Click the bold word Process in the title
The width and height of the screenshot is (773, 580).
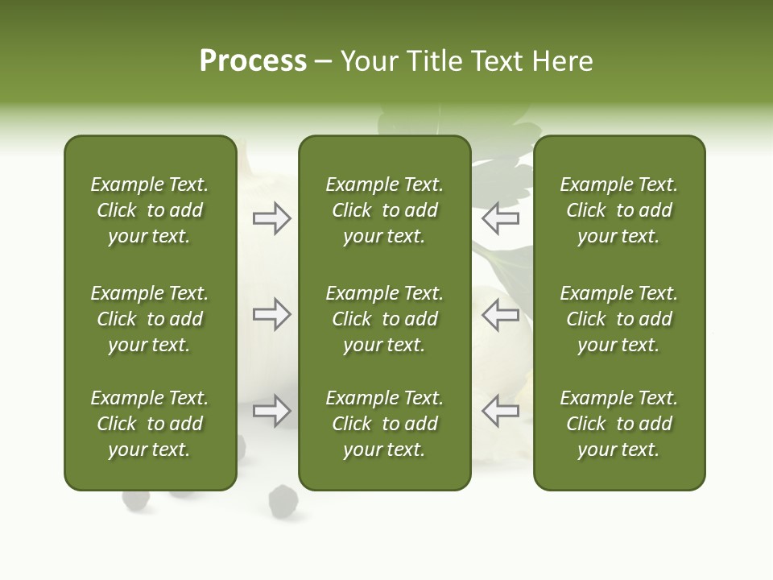pos(253,61)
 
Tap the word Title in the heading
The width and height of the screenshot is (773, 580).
pos(435,61)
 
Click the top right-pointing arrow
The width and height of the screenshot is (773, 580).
pos(272,218)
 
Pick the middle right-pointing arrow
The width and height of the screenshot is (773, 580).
pos(272,314)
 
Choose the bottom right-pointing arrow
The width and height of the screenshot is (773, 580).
pos(272,411)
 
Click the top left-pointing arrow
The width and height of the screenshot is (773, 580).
pos(500,218)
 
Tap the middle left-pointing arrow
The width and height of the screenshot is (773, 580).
pos(500,314)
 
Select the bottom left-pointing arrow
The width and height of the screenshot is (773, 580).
pos(500,411)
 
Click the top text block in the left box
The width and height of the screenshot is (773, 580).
pos(150,210)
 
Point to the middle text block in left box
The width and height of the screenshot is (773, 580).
pos(150,319)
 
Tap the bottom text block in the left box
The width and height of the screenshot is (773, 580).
pos(150,424)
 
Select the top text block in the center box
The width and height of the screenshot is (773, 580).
pos(384,210)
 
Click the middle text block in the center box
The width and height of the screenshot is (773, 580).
pos(384,319)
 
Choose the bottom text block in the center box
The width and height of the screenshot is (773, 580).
pos(384,424)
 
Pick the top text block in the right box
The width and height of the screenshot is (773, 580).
pos(618,210)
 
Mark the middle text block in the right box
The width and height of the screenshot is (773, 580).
pos(618,319)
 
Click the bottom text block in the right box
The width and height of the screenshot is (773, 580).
pos(618,424)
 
